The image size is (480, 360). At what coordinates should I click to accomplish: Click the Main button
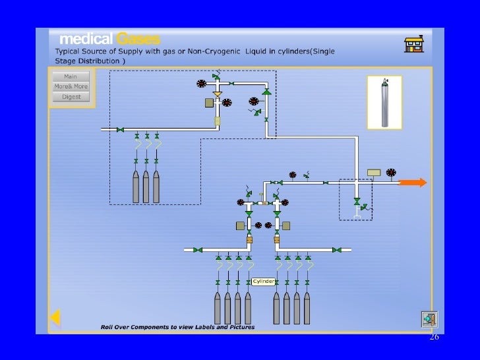click(71, 76)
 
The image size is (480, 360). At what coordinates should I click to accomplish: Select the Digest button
click(71, 96)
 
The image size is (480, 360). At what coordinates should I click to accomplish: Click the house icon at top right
click(413, 44)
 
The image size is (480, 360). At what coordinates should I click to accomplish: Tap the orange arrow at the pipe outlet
click(413, 183)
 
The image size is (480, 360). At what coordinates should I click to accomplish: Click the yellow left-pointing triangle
click(55, 318)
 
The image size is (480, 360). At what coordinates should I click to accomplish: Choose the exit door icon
click(429, 319)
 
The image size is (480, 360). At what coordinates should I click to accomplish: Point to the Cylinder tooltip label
click(263, 282)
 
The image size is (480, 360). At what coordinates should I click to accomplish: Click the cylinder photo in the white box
click(384, 102)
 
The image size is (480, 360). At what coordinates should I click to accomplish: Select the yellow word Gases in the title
click(138, 39)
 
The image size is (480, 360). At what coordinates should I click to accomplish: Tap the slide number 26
click(434, 337)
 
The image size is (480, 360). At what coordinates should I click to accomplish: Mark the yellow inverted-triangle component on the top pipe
click(218, 94)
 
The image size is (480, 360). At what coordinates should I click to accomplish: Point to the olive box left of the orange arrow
click(374, 173)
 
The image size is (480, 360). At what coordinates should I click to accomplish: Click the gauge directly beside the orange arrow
click(391, 173)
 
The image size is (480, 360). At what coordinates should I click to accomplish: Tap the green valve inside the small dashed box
click(357, 200)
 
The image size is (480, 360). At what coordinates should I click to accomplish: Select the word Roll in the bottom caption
click(107, 327)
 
